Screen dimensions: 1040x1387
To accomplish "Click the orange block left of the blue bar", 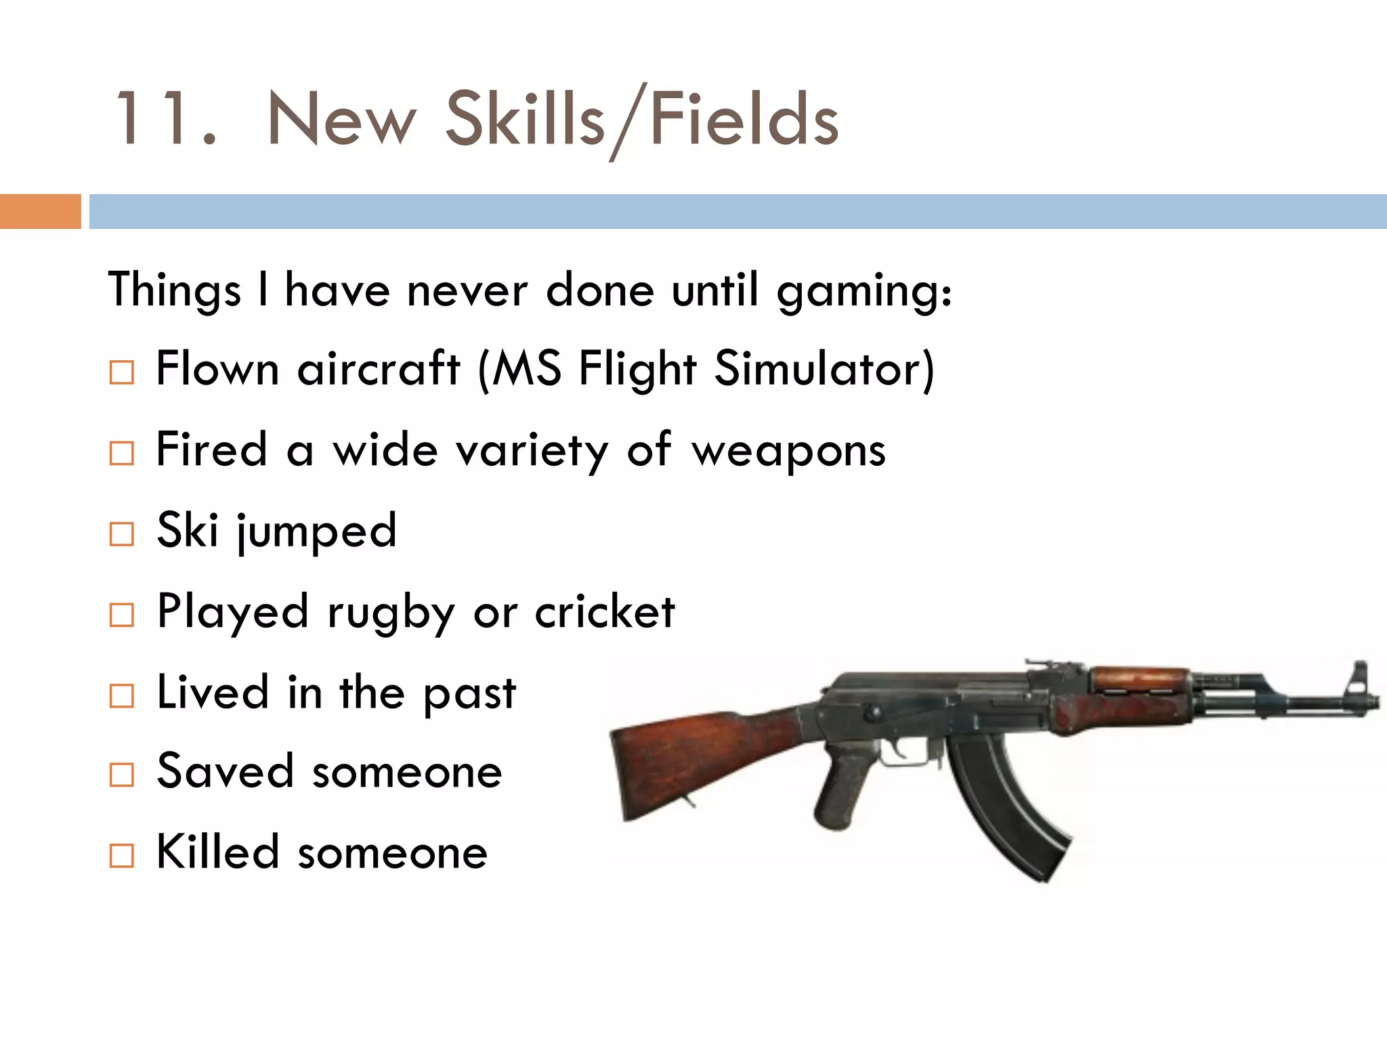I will tap(40, 211).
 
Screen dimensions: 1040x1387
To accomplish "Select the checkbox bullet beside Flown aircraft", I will tap(122, 372).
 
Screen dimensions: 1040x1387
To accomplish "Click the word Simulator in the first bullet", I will tap(824, 370).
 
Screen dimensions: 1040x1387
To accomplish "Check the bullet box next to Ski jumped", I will tap(122, 534).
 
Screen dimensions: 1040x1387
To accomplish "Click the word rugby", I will tap(391, 613).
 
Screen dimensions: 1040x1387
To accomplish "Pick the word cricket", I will tap(605, 612).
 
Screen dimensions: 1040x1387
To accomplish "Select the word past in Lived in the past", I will tap(470, 695).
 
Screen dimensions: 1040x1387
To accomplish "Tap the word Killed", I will tap(217, 852).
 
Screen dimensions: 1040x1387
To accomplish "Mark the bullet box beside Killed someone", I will tap(122, 856).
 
